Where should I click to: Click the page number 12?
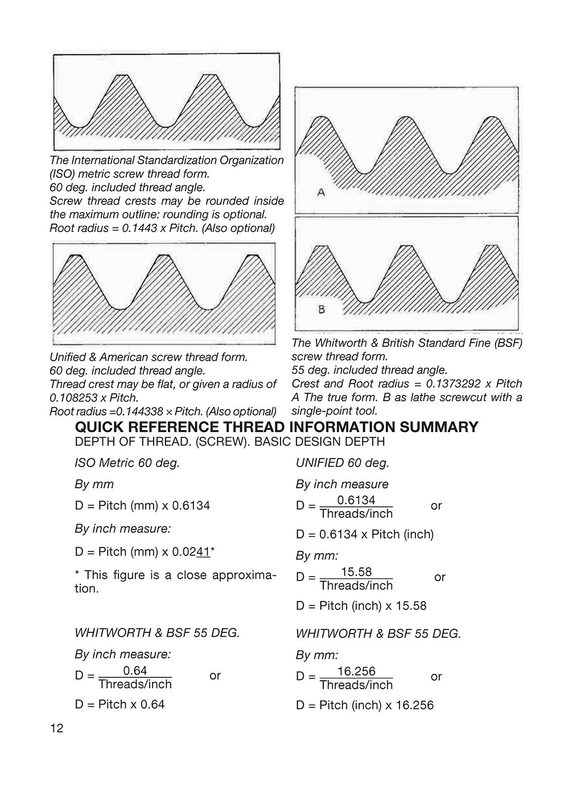tap(57, 728)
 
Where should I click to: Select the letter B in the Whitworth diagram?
tap(321, 310)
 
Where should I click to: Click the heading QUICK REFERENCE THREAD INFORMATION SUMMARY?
tap(277, 427)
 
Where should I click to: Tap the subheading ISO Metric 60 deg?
tap(127, 463)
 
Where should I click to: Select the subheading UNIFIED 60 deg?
tap(343, 463)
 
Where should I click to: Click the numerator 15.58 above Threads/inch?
tap(356, 571)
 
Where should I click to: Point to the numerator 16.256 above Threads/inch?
tap(356, 671)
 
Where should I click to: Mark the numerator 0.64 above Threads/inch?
tap(135, 670)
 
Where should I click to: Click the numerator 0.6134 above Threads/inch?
tap(356, 500)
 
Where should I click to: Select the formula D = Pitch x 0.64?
tap(119, 704)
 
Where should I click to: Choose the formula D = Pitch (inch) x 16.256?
tap(365, 705)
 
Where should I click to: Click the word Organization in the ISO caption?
tap(248, 160)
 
